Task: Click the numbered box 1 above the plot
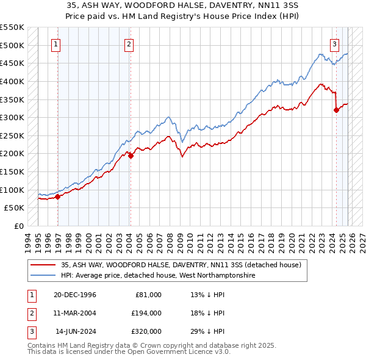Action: pyautogui.click(x=56, y=43)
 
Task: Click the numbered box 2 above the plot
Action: pyautogui.click(x=129, y=43)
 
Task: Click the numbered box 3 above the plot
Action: pyautogui.click(x=335, y=43)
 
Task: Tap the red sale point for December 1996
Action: pyautogui.click(x=58, y=196)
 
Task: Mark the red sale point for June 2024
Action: pyautogui.click(x=336, y=110)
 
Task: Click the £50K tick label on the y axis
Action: pyautogui.click(x=14, y=207)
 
